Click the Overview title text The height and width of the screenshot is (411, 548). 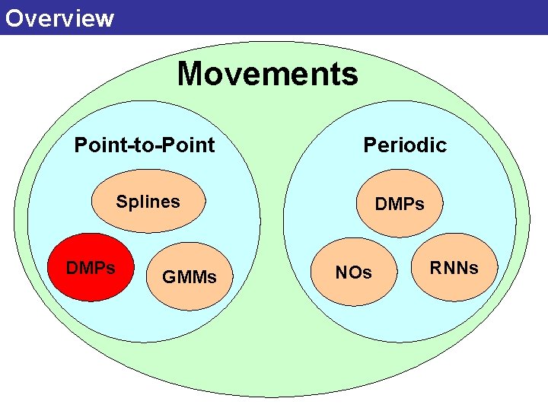[59, 18]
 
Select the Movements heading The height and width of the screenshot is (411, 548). [267, 75]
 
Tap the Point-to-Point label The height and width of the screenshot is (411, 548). [144, 145]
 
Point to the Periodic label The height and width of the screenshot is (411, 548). [404, 145]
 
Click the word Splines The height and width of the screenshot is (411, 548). [148, 202]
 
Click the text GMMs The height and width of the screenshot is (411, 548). [189, 277]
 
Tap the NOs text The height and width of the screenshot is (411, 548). [354, 272]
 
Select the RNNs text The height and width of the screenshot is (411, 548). [454, 268]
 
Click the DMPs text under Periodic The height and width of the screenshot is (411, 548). [399, 204]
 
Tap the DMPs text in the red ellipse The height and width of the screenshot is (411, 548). [91, 268]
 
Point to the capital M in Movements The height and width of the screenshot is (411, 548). [190, 75]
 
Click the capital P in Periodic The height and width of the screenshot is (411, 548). [370, 145]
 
